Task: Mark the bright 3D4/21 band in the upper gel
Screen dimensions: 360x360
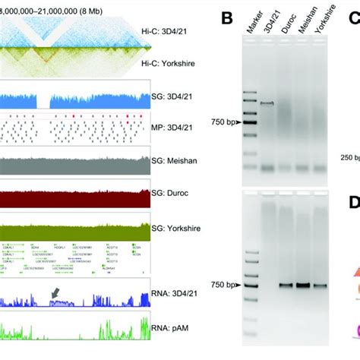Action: [267, 103]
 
